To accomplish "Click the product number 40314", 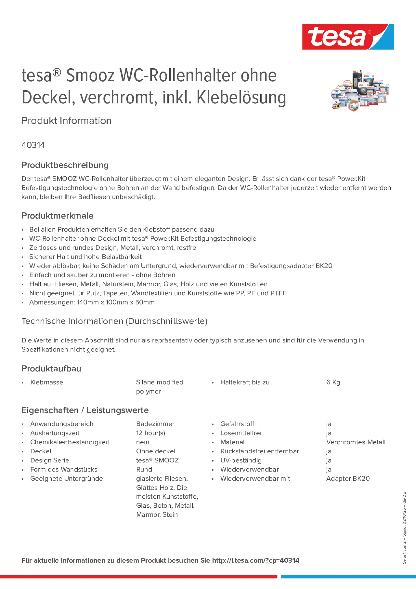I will point(33,145).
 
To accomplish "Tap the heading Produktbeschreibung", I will point(65,165).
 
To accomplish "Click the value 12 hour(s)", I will point(151,433).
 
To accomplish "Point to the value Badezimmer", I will point(155,424).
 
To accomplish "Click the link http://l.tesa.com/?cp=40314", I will point(256,561).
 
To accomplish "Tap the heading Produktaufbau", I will point(51,369).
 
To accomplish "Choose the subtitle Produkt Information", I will point(66,121).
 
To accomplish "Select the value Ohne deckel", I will point(155,451).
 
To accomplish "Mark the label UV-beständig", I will point(241,460).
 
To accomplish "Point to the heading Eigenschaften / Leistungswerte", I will point(85,410).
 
